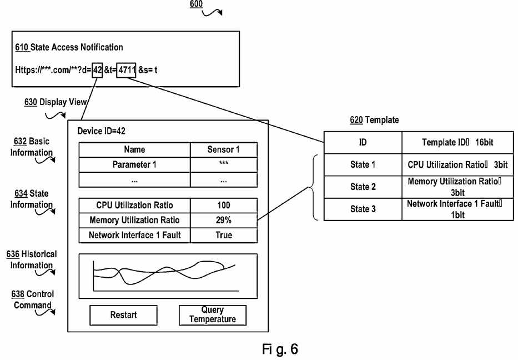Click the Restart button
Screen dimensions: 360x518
pos(123,314)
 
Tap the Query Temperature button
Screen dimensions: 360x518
pos(213,314)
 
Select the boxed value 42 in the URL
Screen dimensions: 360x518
pos(98,70)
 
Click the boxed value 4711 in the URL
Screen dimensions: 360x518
pos(127,70)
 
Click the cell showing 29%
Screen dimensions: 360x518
pos(224,220)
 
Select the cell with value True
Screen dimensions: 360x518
pos(224,235)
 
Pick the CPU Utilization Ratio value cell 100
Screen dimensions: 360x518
pos(224,206)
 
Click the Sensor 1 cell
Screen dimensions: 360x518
pos(224,149)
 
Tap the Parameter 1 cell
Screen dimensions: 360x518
pos(135,164)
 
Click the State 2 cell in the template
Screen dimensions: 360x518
pos(363,187)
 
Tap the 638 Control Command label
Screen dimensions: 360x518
pos(33,299)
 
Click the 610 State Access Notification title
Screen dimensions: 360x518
pos(69,47)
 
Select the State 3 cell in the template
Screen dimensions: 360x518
pos(363,209)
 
